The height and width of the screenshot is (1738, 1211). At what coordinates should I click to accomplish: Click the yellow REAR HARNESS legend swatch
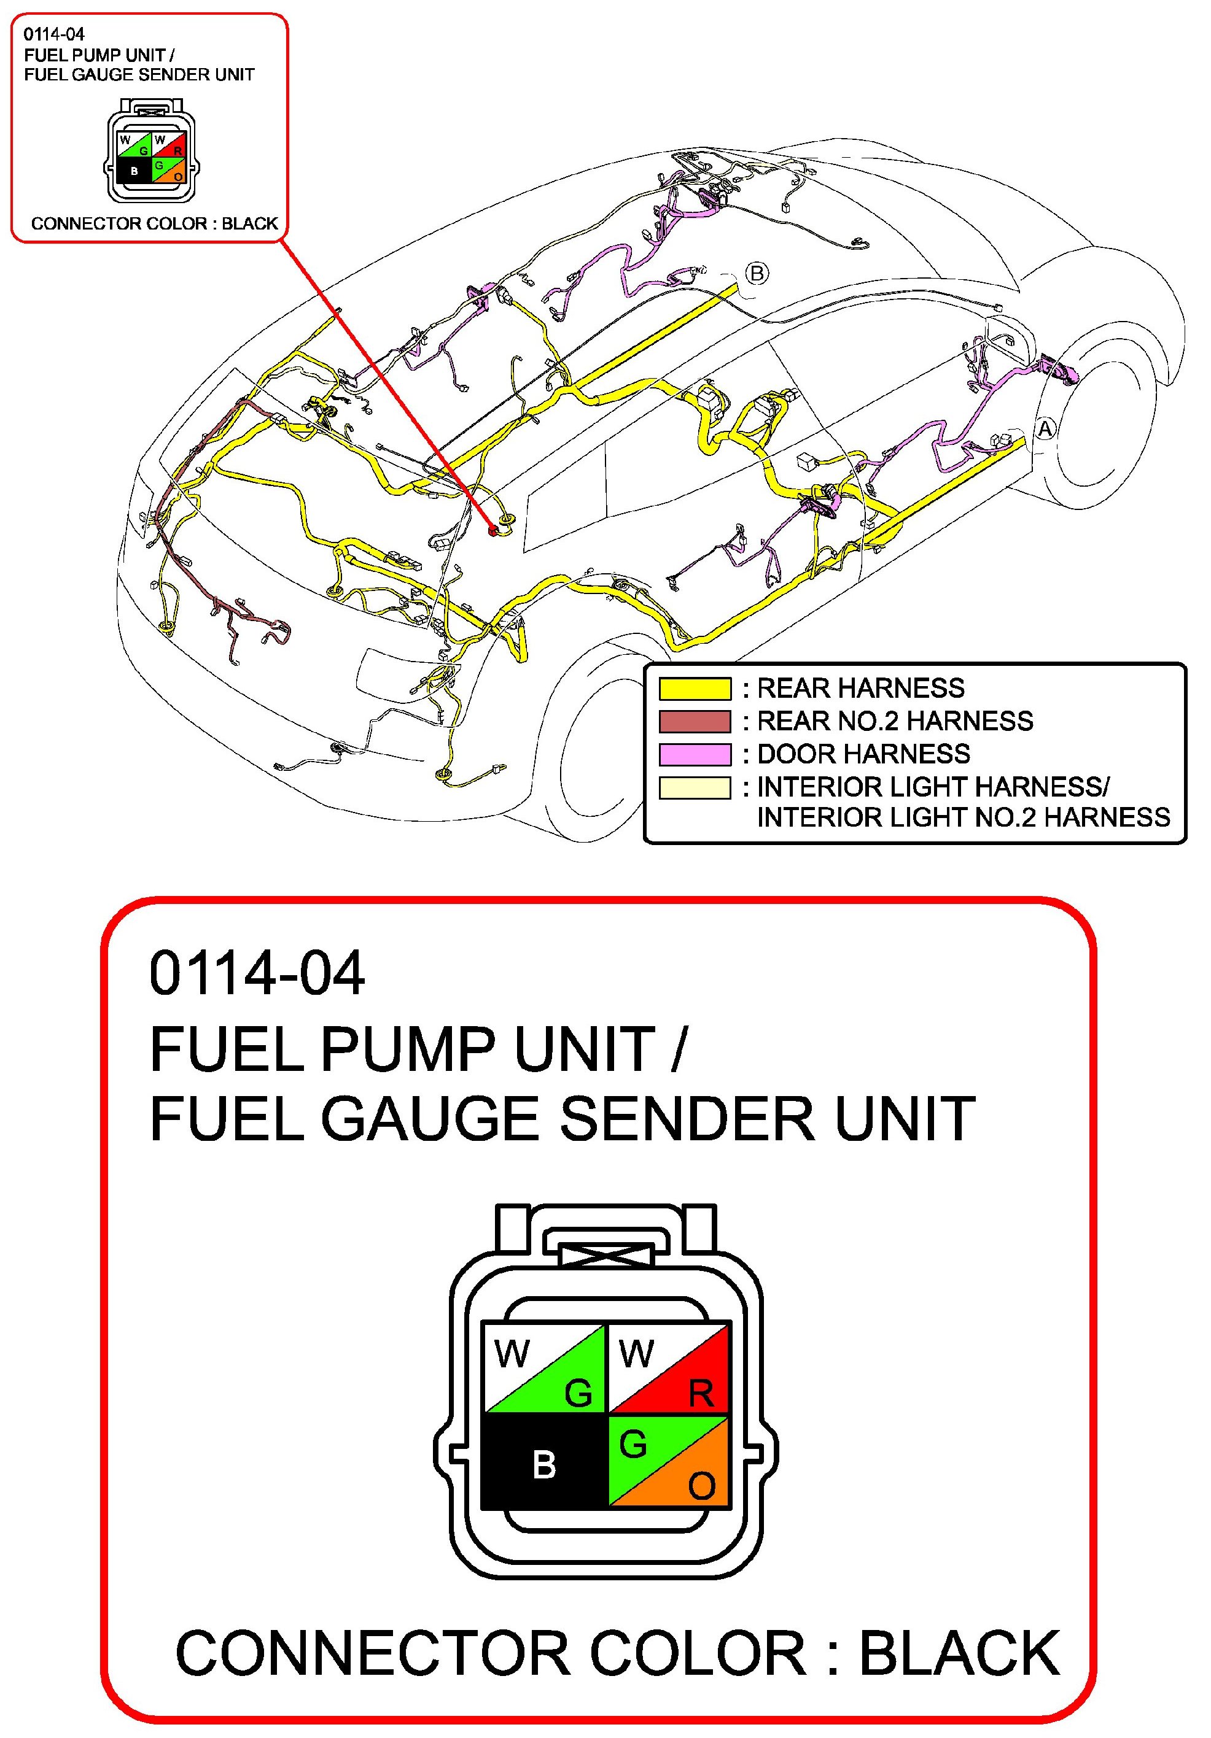point(694,688)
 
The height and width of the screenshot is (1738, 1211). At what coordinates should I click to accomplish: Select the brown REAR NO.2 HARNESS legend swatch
point(694,720)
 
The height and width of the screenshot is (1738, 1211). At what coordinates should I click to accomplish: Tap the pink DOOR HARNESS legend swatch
point(694,754)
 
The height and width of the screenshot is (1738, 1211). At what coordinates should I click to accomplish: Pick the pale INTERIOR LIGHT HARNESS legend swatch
point(694,787)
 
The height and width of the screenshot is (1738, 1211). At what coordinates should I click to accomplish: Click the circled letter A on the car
point(1045,429)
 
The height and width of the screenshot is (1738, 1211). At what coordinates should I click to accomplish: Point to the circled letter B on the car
point(757,272)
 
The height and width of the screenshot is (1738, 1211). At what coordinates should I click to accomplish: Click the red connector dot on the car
point(494,531)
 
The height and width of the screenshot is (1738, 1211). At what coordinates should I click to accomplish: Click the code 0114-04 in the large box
point(257,973)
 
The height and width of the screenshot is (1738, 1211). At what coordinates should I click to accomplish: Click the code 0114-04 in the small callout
point(54,34)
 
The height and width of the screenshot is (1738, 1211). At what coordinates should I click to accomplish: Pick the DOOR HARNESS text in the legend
point(863,754)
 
